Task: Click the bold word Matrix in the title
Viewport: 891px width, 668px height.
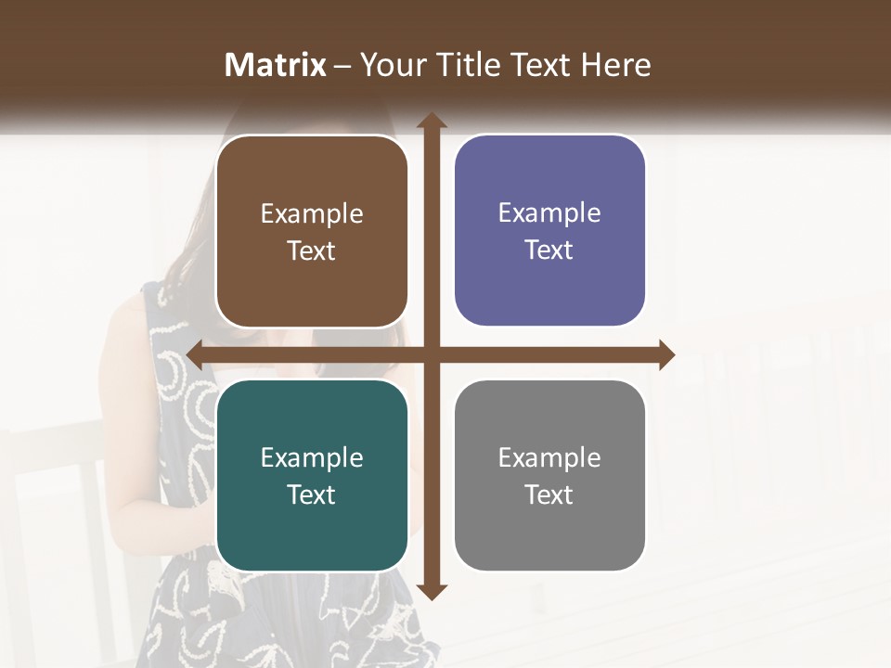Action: click(276, 65)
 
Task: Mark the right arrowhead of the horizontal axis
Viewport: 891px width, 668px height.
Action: click(666, 354)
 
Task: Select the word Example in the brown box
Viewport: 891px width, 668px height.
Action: click(312, 214)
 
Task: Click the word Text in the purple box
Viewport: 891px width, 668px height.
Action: click(549, 250)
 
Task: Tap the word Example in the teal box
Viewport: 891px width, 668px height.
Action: click(312, 458)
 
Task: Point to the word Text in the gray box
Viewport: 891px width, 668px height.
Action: click(549, 495)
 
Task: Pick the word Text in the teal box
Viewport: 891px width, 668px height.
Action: click(312, 495)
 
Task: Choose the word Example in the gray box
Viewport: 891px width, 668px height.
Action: click(549, 458)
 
